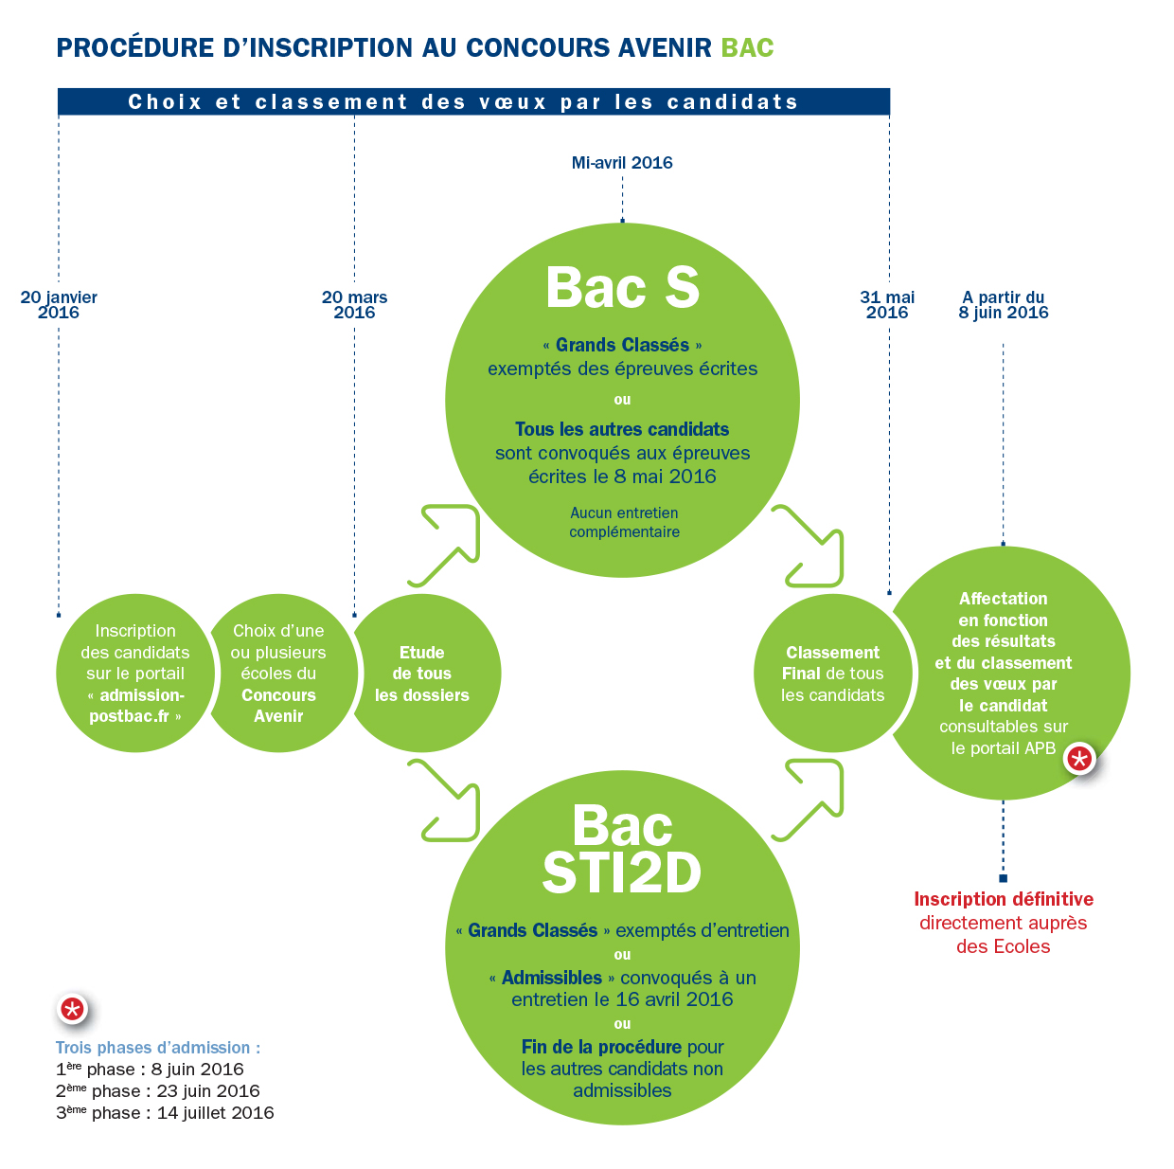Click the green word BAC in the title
click(x=747, y=48)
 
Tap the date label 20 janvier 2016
click(x=59, y=304)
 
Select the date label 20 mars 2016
click(x=354, y=304)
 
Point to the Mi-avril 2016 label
click(x=622, y=163)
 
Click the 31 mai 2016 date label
click(x=887, y=304)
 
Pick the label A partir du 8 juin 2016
click(x=1004, y=304)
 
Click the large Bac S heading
click(x=622, y=288)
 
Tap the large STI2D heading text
click(x=622, y=873)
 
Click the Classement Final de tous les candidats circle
click(x=832, y=674)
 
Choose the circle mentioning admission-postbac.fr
click(x=134, y=674)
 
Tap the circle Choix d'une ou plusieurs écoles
click(x=278, y=674)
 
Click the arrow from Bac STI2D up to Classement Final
click(x=810, y=798)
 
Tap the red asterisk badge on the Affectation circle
click(x=1079, y=758)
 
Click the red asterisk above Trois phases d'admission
click(x=72, y=1009)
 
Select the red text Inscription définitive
click(x=1004, y=899)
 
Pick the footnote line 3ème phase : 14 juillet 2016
click(x=165, y=1113)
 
